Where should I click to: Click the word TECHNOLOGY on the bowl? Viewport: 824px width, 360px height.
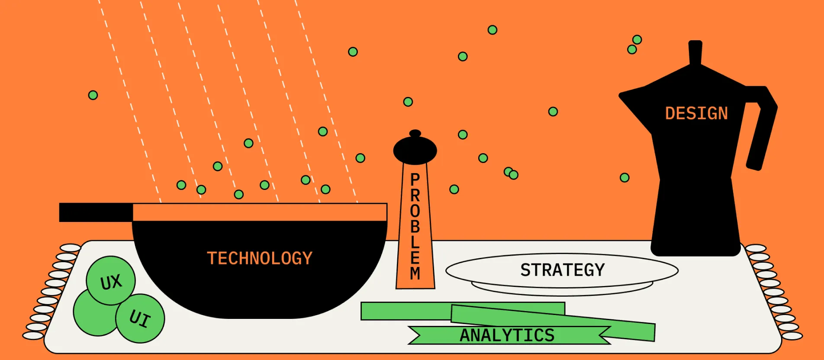tap(260, 258)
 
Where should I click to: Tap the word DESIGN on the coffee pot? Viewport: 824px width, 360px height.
tap(696, 113)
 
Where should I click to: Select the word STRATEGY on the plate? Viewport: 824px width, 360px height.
tap(562, 270)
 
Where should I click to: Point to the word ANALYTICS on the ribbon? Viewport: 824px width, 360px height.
tap(507, 335)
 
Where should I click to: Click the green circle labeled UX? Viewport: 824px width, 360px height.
tap(111, 281)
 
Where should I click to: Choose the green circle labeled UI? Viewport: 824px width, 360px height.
tap(140, 318)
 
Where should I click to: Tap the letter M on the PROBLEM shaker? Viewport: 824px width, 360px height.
tap(415, 274)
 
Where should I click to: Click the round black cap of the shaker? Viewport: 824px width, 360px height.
tap(415, 150)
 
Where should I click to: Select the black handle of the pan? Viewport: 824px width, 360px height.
tap(96, 212)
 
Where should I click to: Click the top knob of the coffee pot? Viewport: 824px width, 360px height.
tap(695, 52)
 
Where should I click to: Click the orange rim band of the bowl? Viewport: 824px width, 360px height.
tap(260, 212)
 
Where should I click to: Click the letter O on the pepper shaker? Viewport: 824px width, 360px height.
tap(415, 211)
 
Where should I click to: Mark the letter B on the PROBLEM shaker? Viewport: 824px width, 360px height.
tap(415, 226)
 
